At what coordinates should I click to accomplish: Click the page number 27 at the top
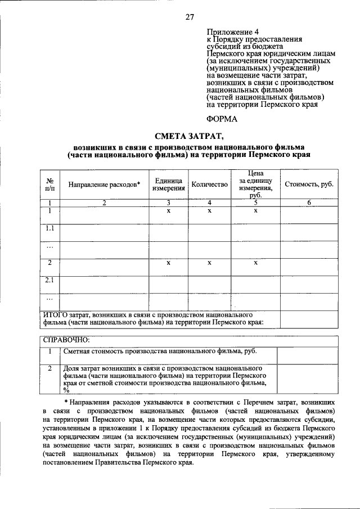click(x=190, y=17)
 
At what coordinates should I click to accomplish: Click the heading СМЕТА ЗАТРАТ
click(x=188, y=135)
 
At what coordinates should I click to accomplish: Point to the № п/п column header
click(x=49, y=184)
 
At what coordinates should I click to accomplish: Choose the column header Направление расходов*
click(x=104, y=184)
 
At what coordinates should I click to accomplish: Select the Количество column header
click(x=209, y=184)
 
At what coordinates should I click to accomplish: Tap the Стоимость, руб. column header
click(x=309, y=184)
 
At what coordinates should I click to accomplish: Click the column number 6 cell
click(x=309, y=203)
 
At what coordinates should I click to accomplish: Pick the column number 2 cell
click(x=104, y=203)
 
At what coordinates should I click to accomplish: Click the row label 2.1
click(x=49, y=280)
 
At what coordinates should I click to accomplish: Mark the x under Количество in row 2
click(x=209, y=263)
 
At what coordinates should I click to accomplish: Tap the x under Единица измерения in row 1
click(x=168, y=211)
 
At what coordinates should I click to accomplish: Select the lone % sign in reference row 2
click(x=66, y=390)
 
